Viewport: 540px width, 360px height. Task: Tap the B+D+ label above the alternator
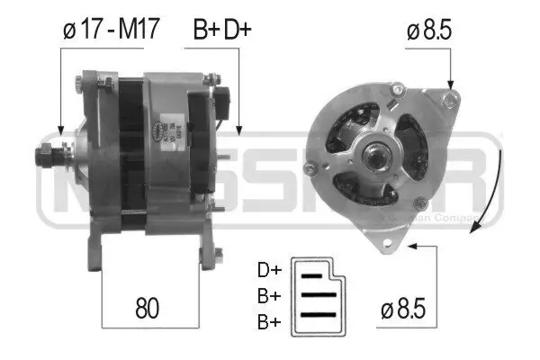(222, 30)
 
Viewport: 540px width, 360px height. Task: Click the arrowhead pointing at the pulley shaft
(59, 130)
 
